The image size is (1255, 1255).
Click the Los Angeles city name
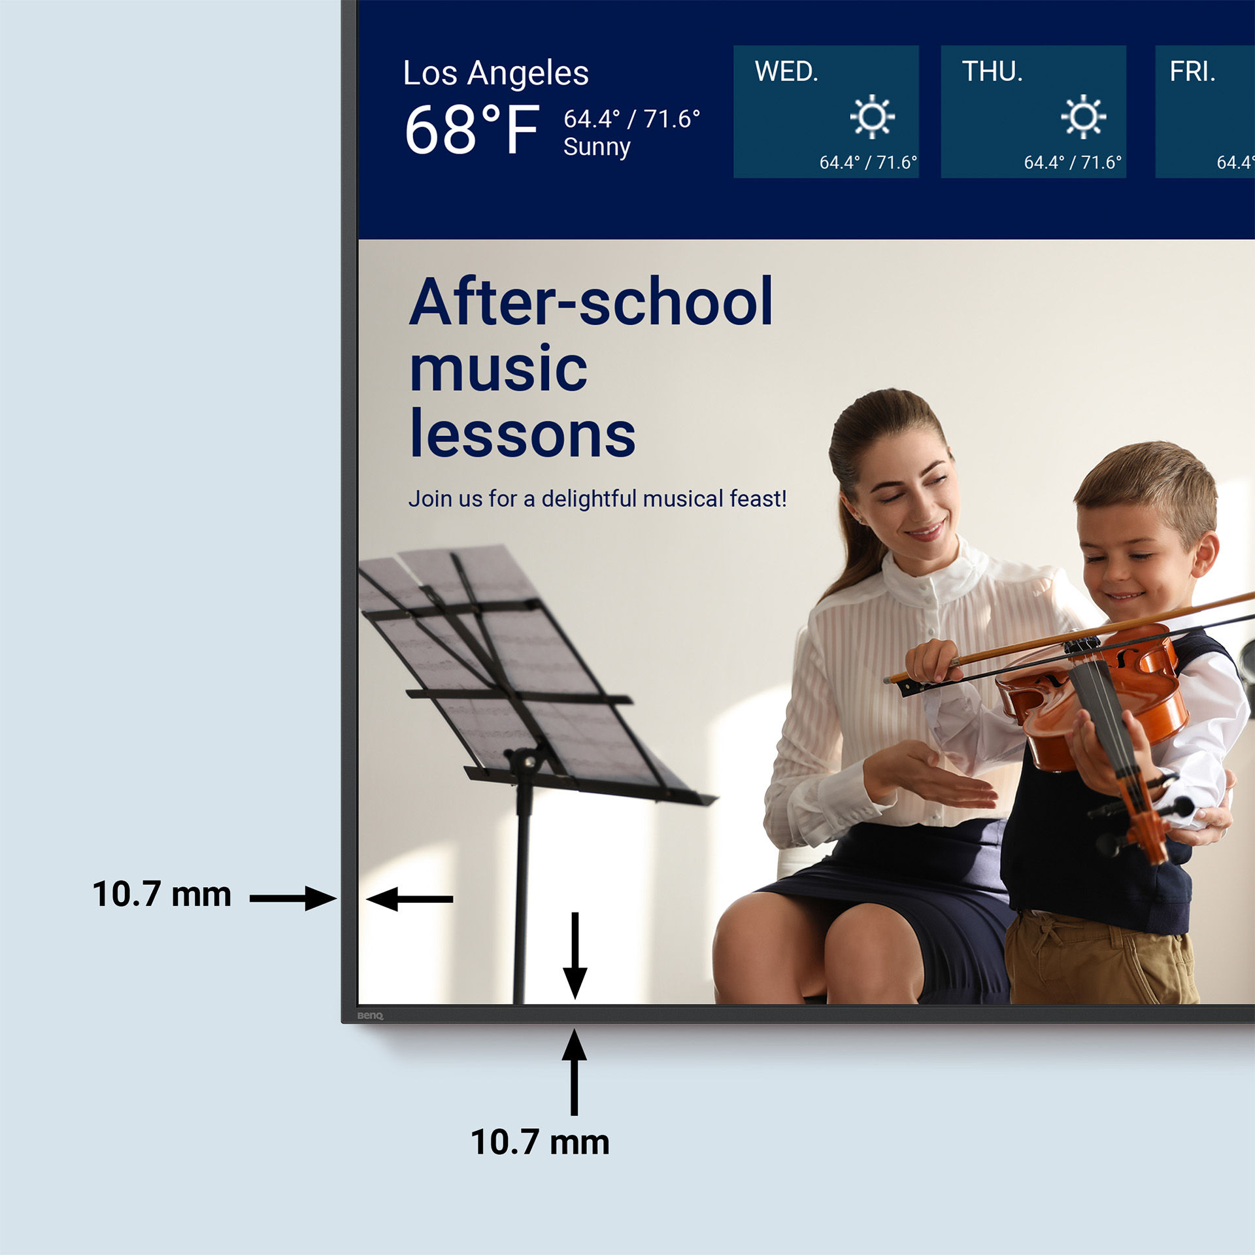click(495, 73)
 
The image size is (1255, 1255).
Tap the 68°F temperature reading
click(472, 130)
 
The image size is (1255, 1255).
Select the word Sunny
click(596, 147)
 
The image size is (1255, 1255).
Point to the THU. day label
click(992, 72)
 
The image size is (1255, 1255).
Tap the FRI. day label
click(1192, 72)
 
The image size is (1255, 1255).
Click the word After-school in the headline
click(591, 302)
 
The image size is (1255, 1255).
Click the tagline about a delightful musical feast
click(597, 499)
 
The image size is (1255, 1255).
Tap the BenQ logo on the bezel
click(370, 1016)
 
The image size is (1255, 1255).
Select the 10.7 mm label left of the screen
click(161, 894)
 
